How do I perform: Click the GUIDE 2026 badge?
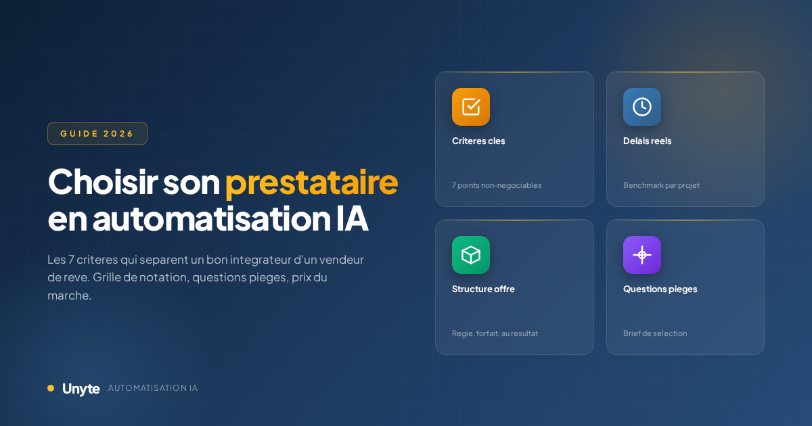coord(97,133)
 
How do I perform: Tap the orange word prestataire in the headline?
coord(311,182)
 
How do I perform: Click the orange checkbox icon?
coord(471,107)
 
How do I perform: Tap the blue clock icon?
coord(641,107)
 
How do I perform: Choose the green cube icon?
coord(471,255)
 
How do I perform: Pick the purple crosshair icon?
coord(641,255)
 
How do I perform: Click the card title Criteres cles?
coord(478,141)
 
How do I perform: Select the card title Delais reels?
coord(647,141)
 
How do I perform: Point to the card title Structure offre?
coord(483,289)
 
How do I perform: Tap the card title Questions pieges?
coord(660,289)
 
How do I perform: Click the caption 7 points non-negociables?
coord(497,185)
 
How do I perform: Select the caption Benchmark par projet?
coord(661,185)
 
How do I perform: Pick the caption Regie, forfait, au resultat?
coord(495,333)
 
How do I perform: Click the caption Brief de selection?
coord(654,333)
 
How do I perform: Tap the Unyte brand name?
coord(81,389)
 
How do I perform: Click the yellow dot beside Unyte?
coord(51,388)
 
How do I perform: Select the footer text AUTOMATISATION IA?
coord(153,389)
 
